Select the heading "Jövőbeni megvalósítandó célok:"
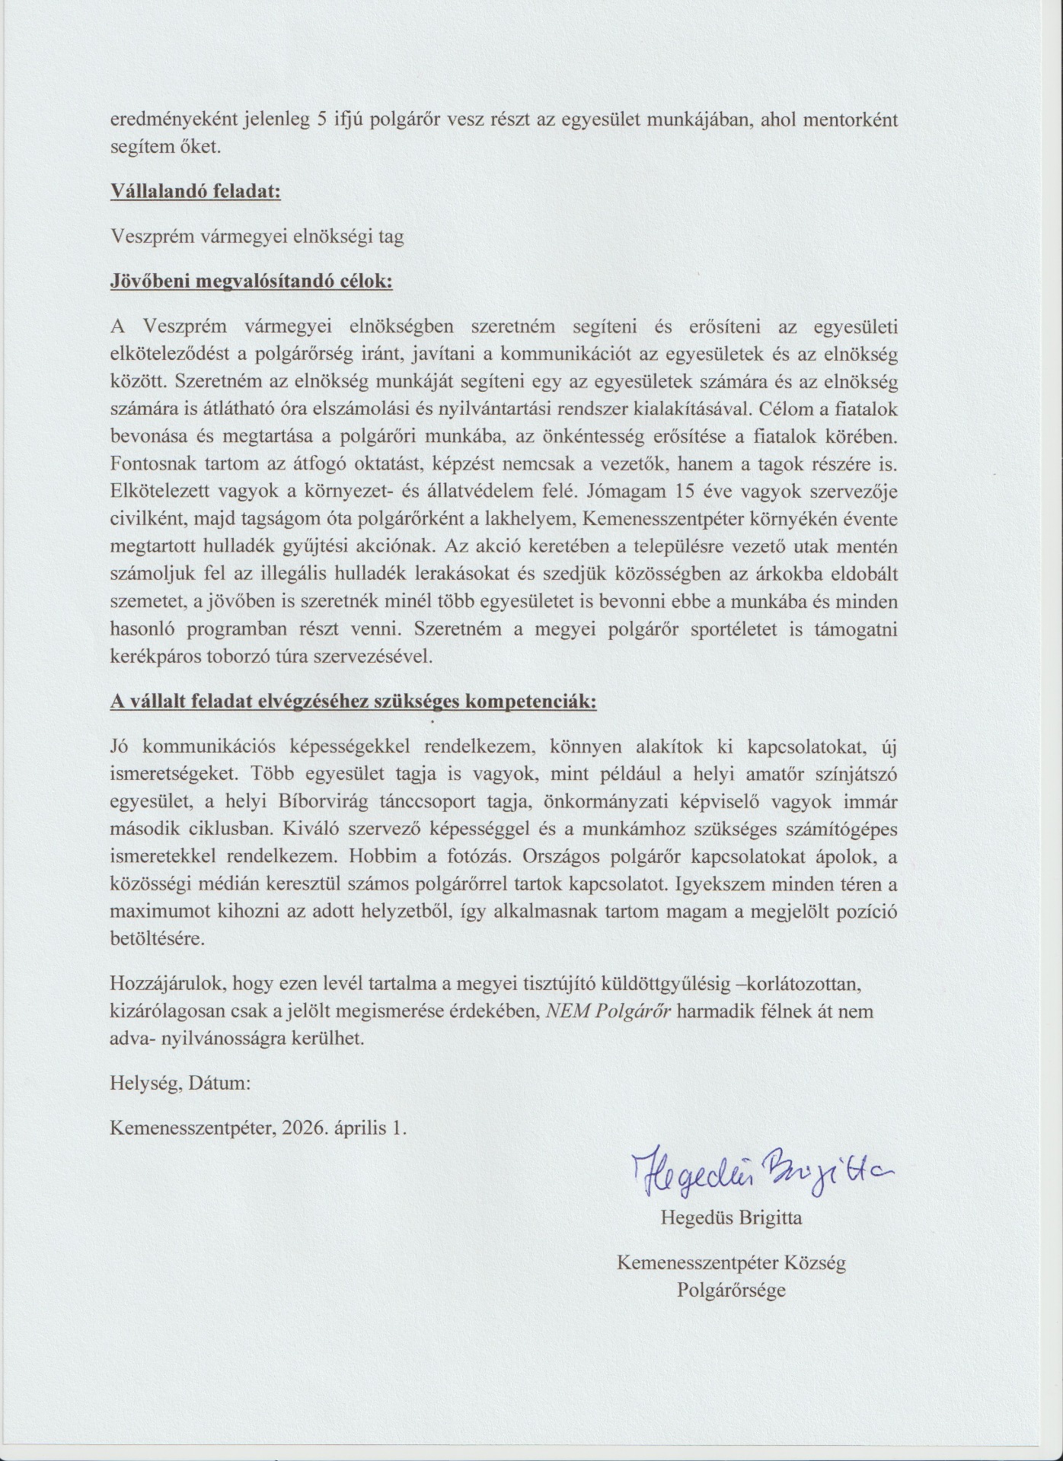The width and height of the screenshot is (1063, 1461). (x=251, y=282)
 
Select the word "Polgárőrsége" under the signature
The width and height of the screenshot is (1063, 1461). (x=731, y=1291)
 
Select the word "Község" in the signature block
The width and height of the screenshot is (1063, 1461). (x=816, y=1263)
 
